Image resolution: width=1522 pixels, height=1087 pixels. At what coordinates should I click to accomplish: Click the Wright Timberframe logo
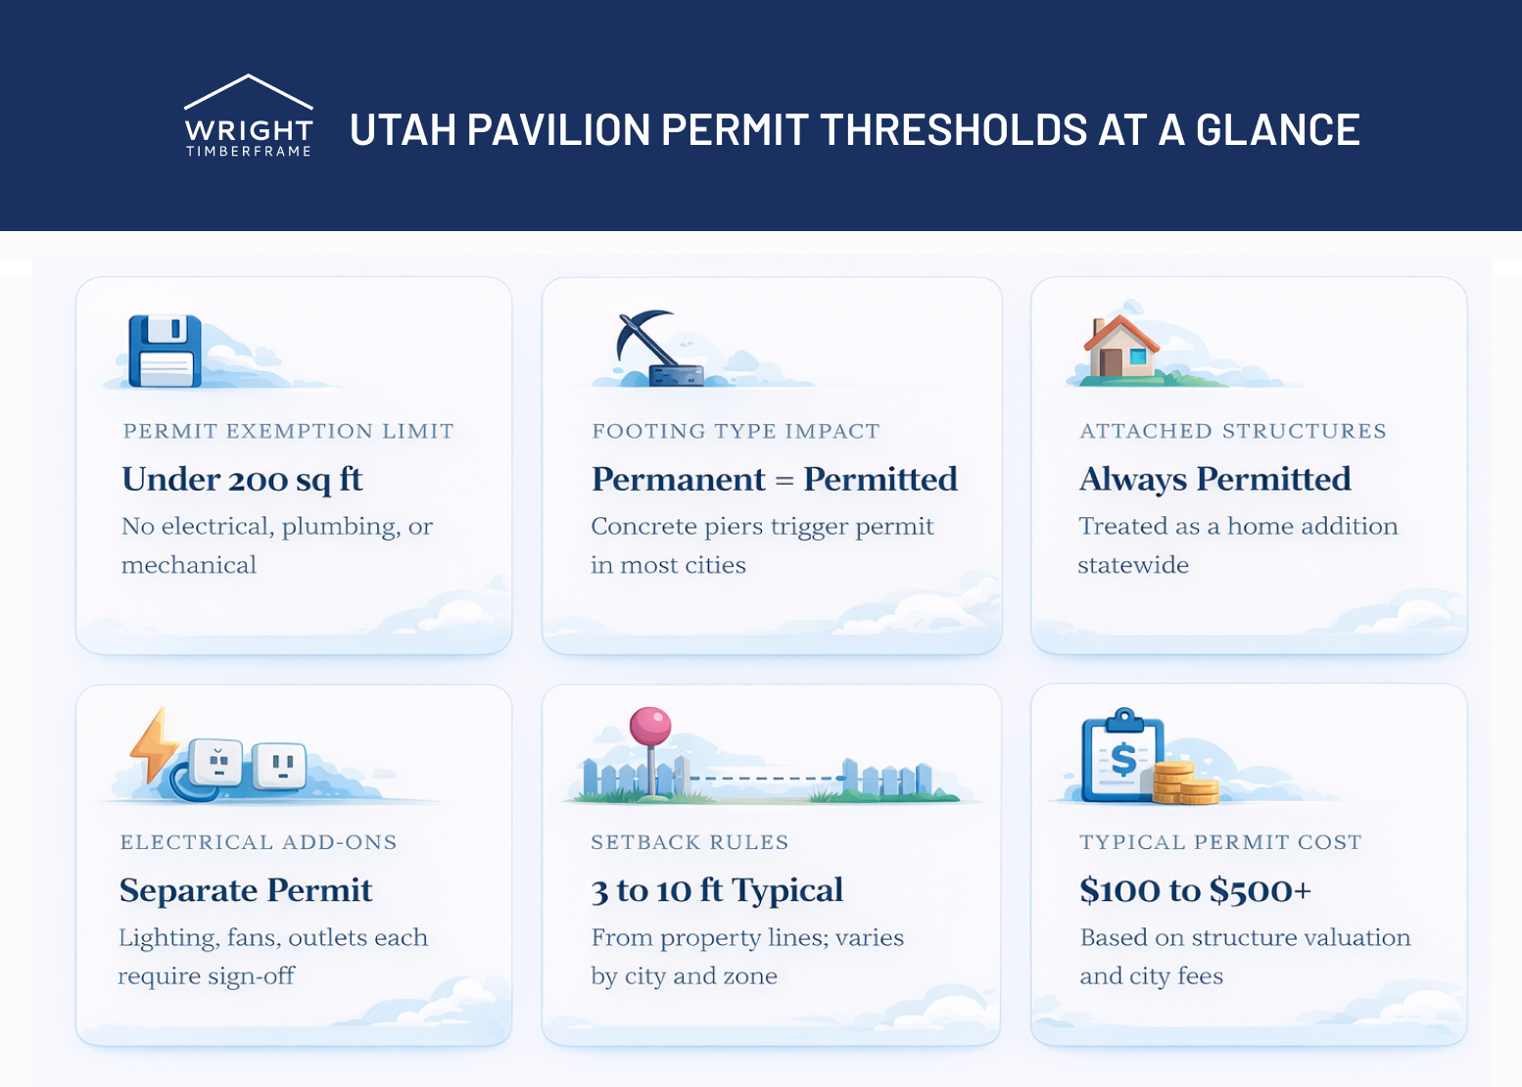tap(249, 117)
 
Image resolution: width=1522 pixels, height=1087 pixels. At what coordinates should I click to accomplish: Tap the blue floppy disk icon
tap(166, 351)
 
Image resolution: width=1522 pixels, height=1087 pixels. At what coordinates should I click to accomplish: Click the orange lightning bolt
tap(153, 745)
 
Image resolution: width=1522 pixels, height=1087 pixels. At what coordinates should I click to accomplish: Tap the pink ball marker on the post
tap(650, 727)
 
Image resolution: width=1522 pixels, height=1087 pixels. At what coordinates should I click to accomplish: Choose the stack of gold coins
tap(1185, 782)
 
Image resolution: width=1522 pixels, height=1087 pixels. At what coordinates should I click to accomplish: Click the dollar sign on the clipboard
tap(1123, 759)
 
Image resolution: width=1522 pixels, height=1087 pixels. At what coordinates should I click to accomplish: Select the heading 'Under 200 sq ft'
tap(242, 480)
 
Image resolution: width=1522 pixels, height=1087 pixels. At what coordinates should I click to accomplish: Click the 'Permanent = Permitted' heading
tap(774, 480)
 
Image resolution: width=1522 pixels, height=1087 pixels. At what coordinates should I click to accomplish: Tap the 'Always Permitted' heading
tap(1214, 480)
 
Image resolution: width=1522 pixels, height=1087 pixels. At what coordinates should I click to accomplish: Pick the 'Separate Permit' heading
tap(246, 890)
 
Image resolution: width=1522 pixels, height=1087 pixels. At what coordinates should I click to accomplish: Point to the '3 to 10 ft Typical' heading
tap(717, 890)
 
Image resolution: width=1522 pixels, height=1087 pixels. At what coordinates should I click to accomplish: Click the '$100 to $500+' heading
tap(1195, 890)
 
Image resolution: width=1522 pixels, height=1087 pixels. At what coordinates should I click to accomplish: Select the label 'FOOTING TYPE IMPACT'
tap(736, 431)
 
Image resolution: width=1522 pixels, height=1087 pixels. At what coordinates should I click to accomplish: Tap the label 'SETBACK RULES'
tap(690, 842)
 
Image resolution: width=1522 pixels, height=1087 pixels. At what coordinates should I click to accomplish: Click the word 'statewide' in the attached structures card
tap(1133, 565)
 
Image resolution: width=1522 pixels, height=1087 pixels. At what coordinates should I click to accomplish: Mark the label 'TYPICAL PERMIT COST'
tap(1220, 842)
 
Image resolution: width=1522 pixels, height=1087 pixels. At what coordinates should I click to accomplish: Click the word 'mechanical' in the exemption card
tap(189, 565)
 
